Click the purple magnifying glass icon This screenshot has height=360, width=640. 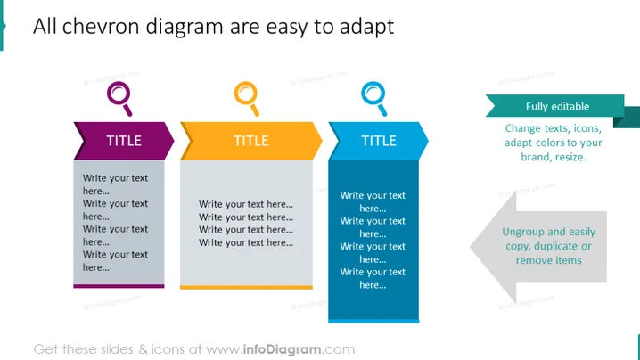click(x=119, y=98)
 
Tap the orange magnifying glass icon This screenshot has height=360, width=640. click(x=247, y=98)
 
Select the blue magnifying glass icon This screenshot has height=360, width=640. click(x=373, y=98)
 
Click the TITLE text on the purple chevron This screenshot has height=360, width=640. click(x=124, y=141)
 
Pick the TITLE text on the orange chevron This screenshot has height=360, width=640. click(x=251, y=141)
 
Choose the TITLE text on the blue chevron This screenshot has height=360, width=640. click(x=379, y=141)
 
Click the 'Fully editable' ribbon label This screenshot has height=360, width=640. click(x=558, y=107)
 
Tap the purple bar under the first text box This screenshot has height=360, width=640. click(x=119, y=286)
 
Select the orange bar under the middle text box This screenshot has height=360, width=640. click(x=246, y=287)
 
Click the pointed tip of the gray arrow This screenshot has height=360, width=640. click(x=471, y=247)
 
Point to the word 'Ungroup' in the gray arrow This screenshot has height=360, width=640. click(x=522, y=232)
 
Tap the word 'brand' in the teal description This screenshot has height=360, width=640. click(x=534, y=157)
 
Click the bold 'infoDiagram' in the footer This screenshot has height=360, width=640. click(x=282, y=349)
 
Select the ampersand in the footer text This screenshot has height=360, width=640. click(x=143, y=349)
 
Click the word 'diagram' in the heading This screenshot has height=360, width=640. click(x=185, y=28)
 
